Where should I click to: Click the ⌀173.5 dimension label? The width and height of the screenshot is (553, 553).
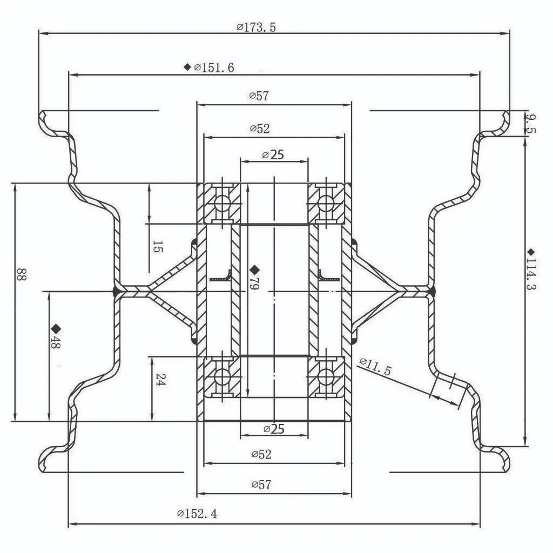point(257,27)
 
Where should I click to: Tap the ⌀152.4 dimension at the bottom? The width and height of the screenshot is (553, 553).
point(197,514)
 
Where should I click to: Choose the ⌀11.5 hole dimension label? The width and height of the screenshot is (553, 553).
point(374,366)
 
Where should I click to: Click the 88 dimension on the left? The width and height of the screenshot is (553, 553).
point(21,274)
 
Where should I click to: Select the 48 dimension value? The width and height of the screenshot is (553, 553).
point(55,342)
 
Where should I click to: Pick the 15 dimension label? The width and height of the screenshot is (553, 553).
point(157,247)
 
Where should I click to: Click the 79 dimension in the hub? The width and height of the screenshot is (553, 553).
point(254,284)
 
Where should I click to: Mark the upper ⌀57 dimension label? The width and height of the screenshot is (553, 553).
point(259,96)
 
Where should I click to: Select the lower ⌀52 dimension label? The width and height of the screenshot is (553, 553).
point(261,454)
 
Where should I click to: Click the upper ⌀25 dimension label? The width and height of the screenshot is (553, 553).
point(273,155)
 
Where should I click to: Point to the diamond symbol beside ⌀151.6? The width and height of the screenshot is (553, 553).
point(187,67)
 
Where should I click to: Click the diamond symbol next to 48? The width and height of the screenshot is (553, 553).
point(55,328)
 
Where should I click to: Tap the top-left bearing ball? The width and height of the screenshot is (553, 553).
point(222,204)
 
